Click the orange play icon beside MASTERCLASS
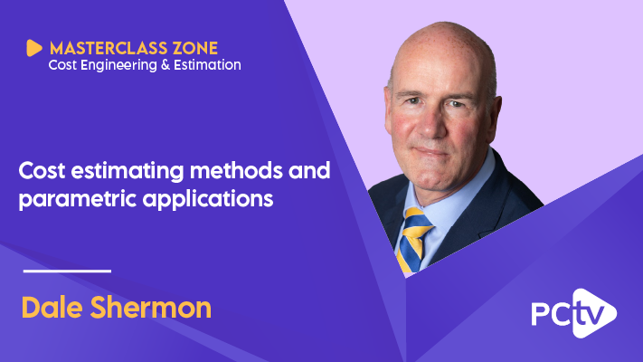pos(35,48)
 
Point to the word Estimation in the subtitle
pos(209,65)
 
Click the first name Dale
pos(52,307)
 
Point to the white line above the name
pos(66,271)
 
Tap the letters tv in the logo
pos(591,314)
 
